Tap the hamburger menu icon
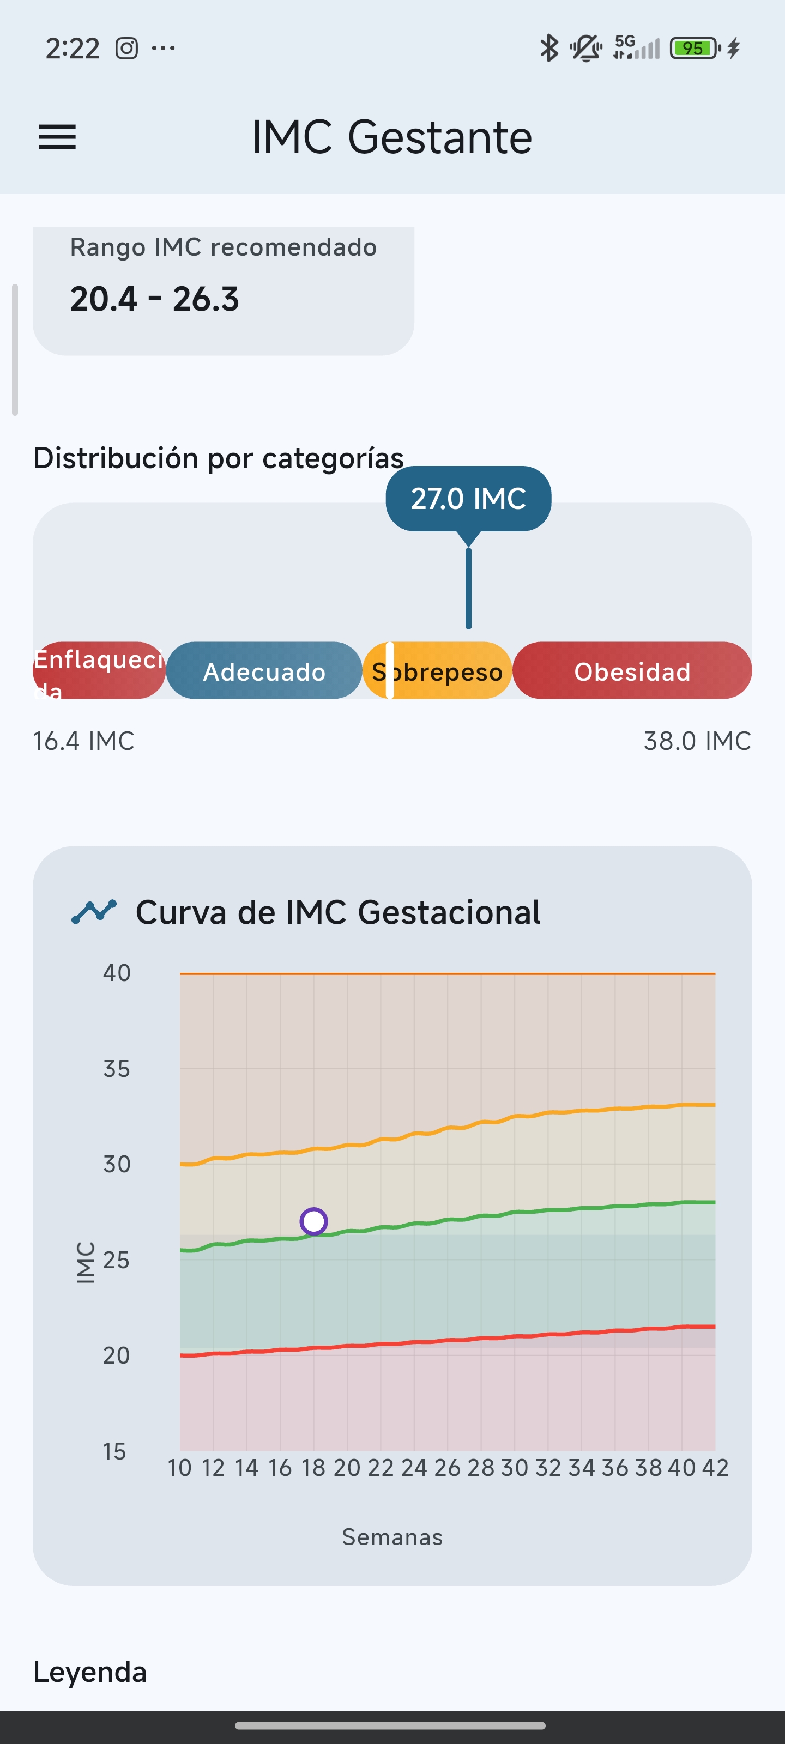[x=57, y=137]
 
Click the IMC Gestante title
[x=391, y=137]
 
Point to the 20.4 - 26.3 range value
[x=154, y=299]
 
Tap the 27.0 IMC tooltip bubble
[x=468, y=498]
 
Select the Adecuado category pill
[x=264, y=671]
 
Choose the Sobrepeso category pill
[x=438, y=671]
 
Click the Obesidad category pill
[x=632, y=671]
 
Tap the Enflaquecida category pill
[x=99, y=671]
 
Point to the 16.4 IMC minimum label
[x=83, y=741]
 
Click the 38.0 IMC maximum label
[x=697, y=741]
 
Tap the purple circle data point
[x=313, y=1221]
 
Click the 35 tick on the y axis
[x=117, y=1069]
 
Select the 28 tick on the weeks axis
[x=481, y=1467]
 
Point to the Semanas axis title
[x=392, y=1537]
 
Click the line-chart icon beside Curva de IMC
[x=94, y=911]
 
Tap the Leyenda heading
[x=90, y=1672]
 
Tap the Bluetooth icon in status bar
[x=548, y=48]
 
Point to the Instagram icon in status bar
[x=126, y=48]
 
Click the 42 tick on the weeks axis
[x=715, y=1467]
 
